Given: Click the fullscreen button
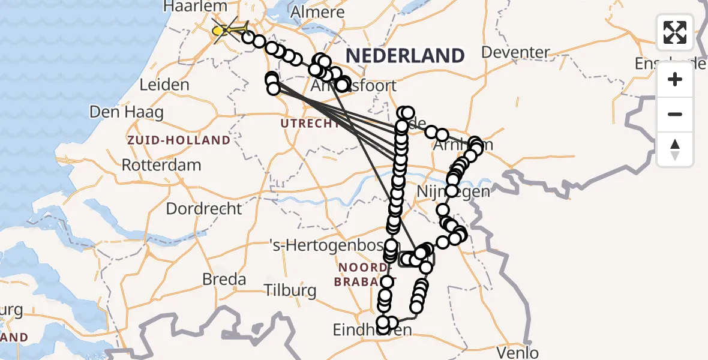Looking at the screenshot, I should tap(675, 32).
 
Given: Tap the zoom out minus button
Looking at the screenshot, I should tap(675, 114).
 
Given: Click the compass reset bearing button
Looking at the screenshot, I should tap(675, 149).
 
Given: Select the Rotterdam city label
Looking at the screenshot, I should tap(161, 165).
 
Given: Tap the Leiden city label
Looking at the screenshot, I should tap(164, 85).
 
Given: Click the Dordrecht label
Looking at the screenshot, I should tap(204, 209).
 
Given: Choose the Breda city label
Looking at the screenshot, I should tap(224, 279).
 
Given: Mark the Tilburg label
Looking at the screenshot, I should tap(290, 291).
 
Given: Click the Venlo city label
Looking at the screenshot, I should tap(518, 352).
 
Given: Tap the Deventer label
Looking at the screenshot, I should tap(515, 52).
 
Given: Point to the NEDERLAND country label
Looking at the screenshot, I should tap(405, 56).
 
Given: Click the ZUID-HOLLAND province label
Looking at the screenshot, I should tap(178, 140).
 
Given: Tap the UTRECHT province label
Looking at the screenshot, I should tap(310, 124).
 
